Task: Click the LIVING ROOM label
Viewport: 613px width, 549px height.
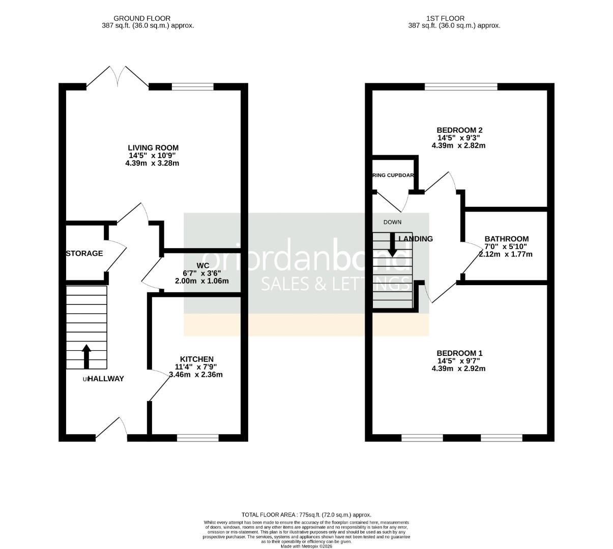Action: [153, 148]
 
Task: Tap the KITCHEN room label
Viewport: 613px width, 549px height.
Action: [196, 359]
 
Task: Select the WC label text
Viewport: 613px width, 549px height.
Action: [202, 265]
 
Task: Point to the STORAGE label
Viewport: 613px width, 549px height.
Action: [84, 253]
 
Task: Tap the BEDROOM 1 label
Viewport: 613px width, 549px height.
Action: [459, 353]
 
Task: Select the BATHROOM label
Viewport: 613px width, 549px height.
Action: [506, 239]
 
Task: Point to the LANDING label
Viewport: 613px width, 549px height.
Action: [416, 239]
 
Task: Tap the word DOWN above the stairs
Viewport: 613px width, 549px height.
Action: [392, 222]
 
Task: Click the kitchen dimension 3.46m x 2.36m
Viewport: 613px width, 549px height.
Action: [196, 375]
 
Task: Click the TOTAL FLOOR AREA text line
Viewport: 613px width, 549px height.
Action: [306, 515]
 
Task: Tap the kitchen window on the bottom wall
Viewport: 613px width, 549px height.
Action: [198, 437]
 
